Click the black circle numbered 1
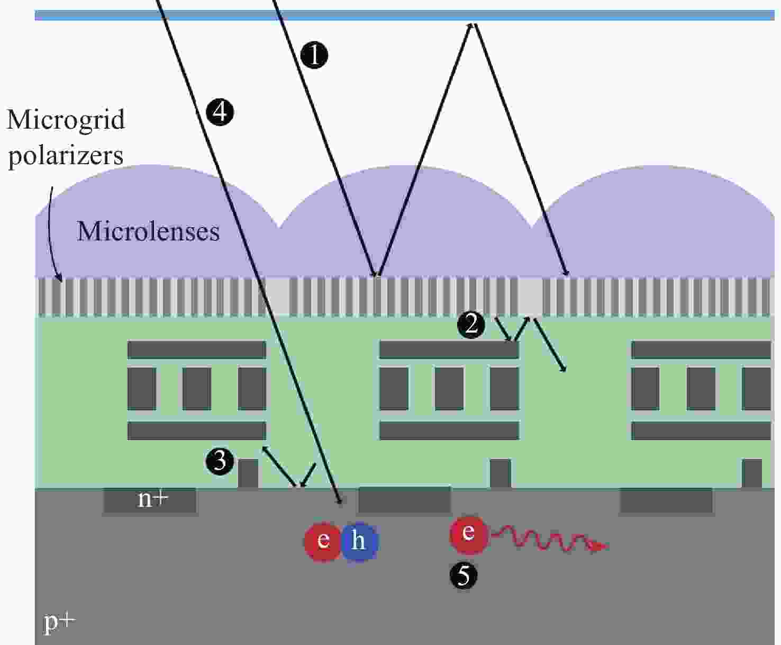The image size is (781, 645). (x=314, y=56)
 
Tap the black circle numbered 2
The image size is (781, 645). (x=471, y=325)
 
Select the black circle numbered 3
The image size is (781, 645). (x=220, y=461)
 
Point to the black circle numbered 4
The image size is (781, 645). (x=220, y=112)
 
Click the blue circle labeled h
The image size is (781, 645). (x=359, y=541)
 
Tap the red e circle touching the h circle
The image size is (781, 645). (x=323, y=542)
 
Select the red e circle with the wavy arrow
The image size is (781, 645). (x=469, y=534)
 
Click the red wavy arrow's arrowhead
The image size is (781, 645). (x=599, y=547)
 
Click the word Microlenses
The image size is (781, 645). (x=148, y=231)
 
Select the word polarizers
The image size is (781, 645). (x=66, y=156)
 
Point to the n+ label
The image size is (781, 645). (x=153, y=500)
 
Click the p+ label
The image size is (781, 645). (x=60, y=623)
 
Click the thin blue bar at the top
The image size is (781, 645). (x=405, y=15)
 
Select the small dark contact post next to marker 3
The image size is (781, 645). (x=248, y=473)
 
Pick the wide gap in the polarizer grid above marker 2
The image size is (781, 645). (x=530, y=296)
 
